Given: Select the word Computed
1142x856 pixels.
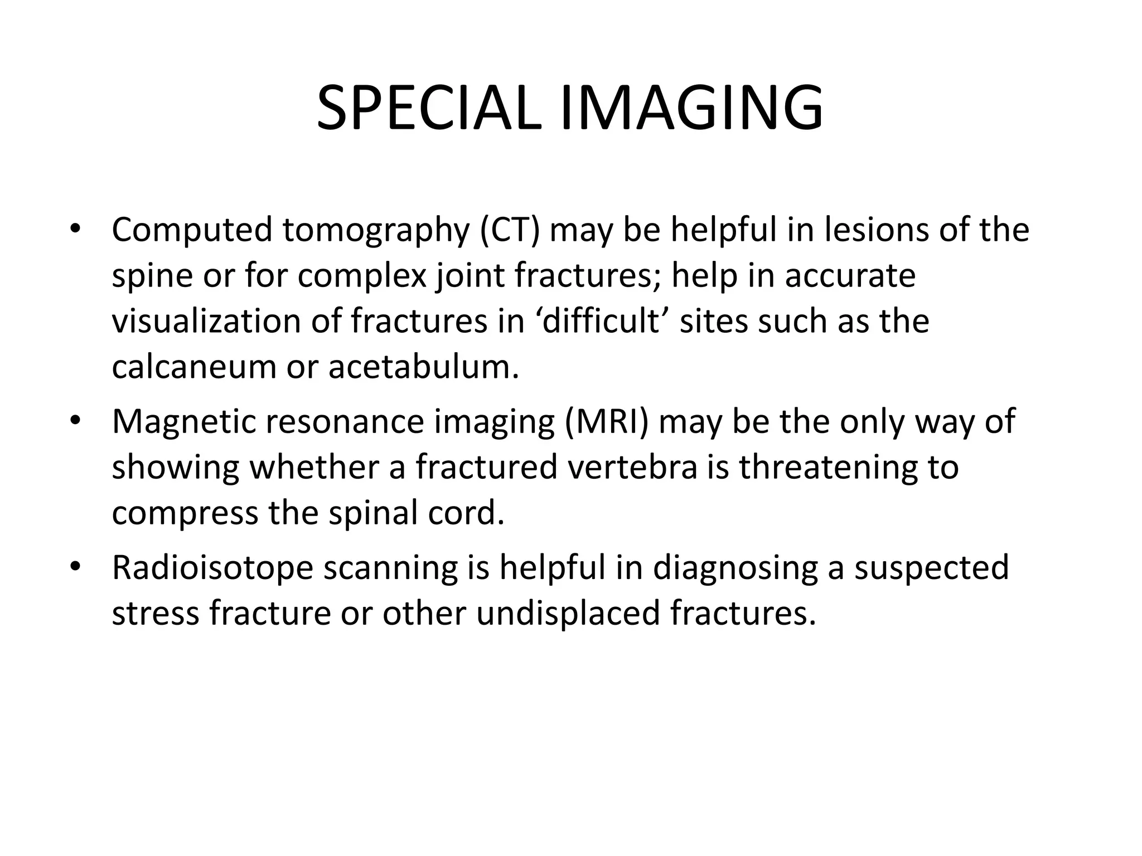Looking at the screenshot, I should click(x=191, y=230).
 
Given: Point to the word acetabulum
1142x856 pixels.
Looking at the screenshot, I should click(x=423, y=367).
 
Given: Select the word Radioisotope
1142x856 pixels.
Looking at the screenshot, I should click(x=212, y=567).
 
